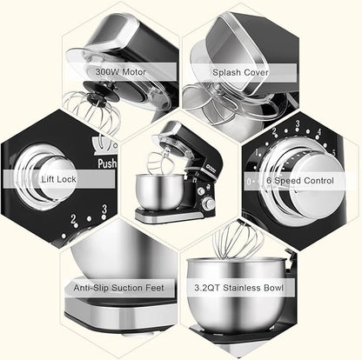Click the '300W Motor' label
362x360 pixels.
pyautogui.click(x=121, y=71)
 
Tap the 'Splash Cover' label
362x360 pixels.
pyautogui.click(x=240, y=72)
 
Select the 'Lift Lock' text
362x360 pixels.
pyautogui.click(x=58, y=179)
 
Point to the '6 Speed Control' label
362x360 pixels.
pyautogui.click(x=300, y=181)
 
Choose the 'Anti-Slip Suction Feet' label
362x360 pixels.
pyautogui.click(x=118, y=288)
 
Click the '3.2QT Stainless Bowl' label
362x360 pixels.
pyautogui.click(x=238, y=288)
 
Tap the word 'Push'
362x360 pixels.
pyautogui.click(x=107, y=163)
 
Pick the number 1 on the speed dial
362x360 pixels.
pyautogui.click(x=257, y=152)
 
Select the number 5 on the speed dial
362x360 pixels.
pyautogui.click(x=333, y=153)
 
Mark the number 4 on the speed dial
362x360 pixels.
pyautogui.click(x=319, y=132)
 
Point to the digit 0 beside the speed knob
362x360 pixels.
pyautogui.click(x=249, y=182)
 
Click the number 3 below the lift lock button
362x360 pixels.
pyautogui.click(x=104, y=210)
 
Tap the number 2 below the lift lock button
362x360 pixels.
pyautogui.click(x=73, y=219)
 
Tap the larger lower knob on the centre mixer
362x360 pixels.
pyautogui.click(x=209, y=204)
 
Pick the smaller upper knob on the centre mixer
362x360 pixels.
pyautogui.click(x=201, y=191)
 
